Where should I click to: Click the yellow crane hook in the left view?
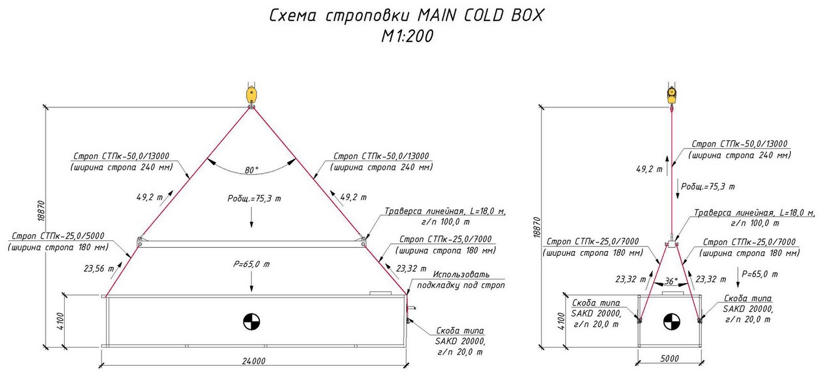point(251,96)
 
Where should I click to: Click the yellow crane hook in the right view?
point(672,96)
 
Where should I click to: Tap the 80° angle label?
point(251,170)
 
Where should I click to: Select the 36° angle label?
point(671,281)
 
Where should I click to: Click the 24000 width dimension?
point(254,361)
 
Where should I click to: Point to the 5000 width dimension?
point(670,359)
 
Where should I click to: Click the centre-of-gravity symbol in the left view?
point(251,322)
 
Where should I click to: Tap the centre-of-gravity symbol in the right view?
point(672,322)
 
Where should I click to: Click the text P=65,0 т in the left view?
point(251,264)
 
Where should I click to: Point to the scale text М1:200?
point(407,36)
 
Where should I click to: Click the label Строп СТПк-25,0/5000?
point(58,236)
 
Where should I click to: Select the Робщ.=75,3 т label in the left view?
point(255,199)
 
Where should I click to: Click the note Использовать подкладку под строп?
point(461,280)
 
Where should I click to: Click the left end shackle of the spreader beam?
point(140,242)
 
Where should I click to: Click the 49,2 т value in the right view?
point(649,169)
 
